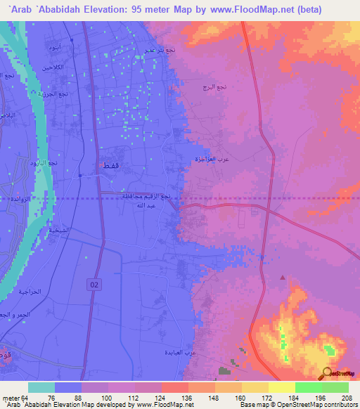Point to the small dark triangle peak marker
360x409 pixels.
coord(283,278)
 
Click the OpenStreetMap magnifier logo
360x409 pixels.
coord(327,373)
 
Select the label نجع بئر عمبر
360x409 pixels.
coord(159,51)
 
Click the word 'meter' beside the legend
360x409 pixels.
coord(11,397)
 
